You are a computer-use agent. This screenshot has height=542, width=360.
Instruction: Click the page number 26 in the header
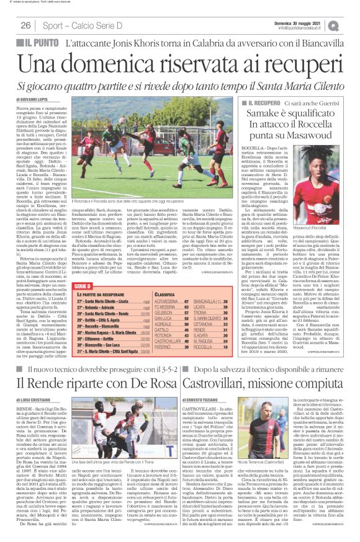pos(26,25)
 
